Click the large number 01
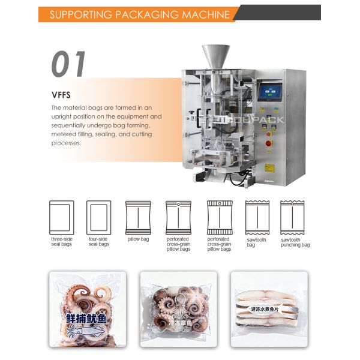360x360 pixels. click(x=70, y=64)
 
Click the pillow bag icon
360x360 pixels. click(x=137, y=217)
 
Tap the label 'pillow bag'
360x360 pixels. click(x=137, y=239)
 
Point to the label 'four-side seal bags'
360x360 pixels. click(x=98, y=242)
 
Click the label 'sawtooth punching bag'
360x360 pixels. click(x=295, y=242)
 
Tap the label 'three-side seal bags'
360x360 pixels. click(x=61, y=242)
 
